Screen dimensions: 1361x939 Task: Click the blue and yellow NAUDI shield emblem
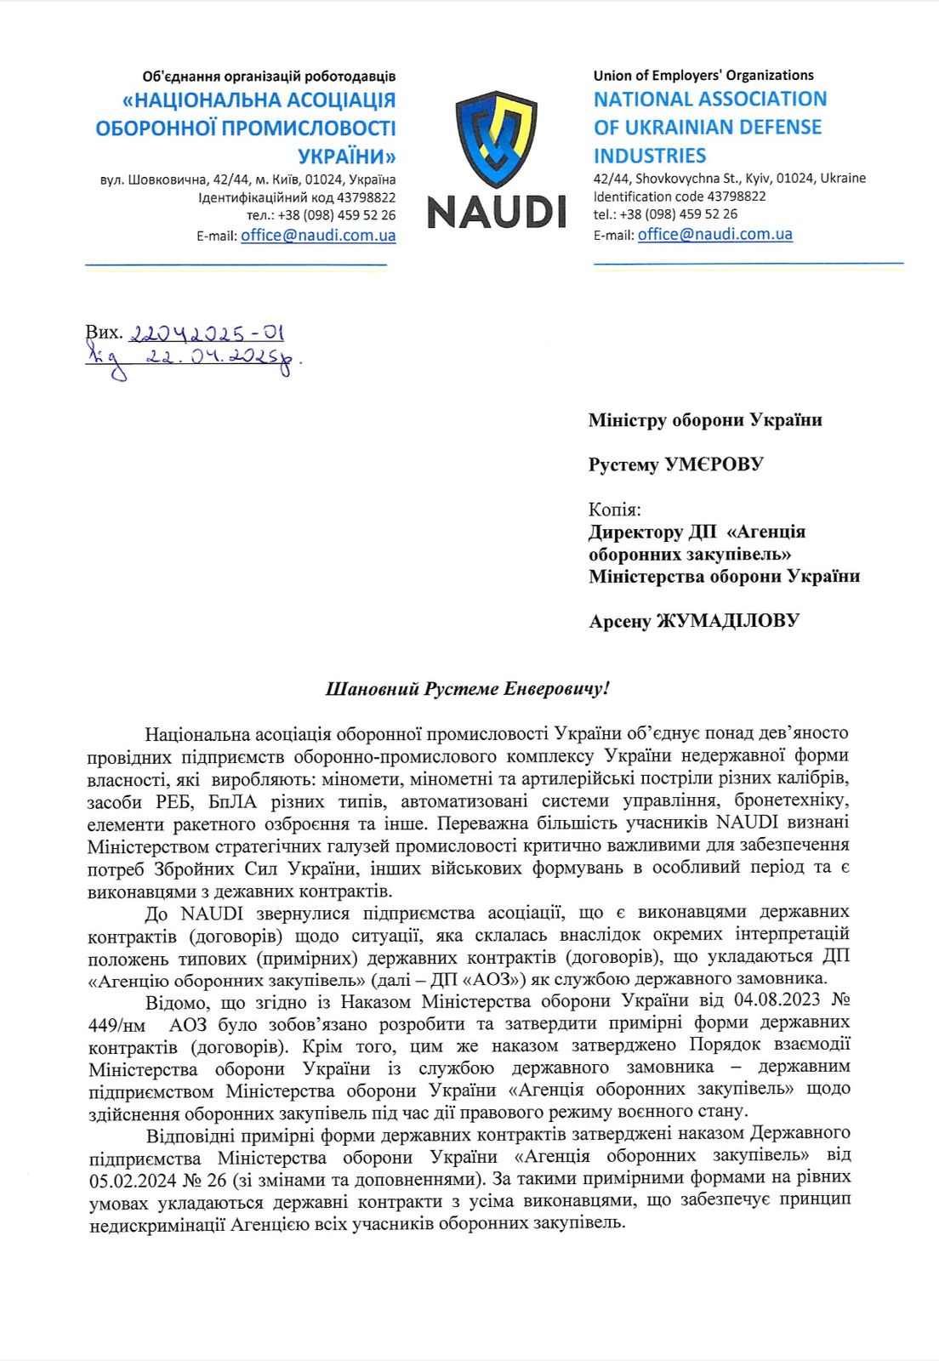point(497,139)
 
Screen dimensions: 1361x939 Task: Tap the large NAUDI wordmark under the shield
point(497,211)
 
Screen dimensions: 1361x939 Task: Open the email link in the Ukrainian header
point(318,236)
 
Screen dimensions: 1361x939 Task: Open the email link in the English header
point(714,234)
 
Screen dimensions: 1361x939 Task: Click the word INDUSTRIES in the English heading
point(650,156)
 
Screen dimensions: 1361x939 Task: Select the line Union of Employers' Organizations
point(703,75)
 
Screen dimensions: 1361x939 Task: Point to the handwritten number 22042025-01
point(207,333)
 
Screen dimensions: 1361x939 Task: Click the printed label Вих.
point(104,333)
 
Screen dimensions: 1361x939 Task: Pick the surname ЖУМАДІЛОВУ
point(727,621)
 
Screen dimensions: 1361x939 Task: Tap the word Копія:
point(614,510)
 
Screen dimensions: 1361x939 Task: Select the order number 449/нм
point(117,1025)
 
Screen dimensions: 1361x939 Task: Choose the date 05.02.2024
point(133,1180)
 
